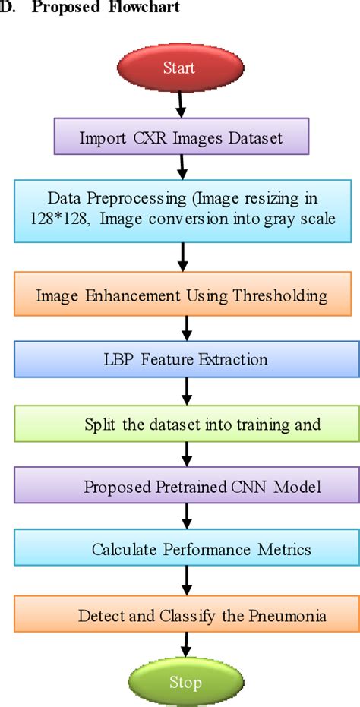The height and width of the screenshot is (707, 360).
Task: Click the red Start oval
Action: [180, 68]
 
